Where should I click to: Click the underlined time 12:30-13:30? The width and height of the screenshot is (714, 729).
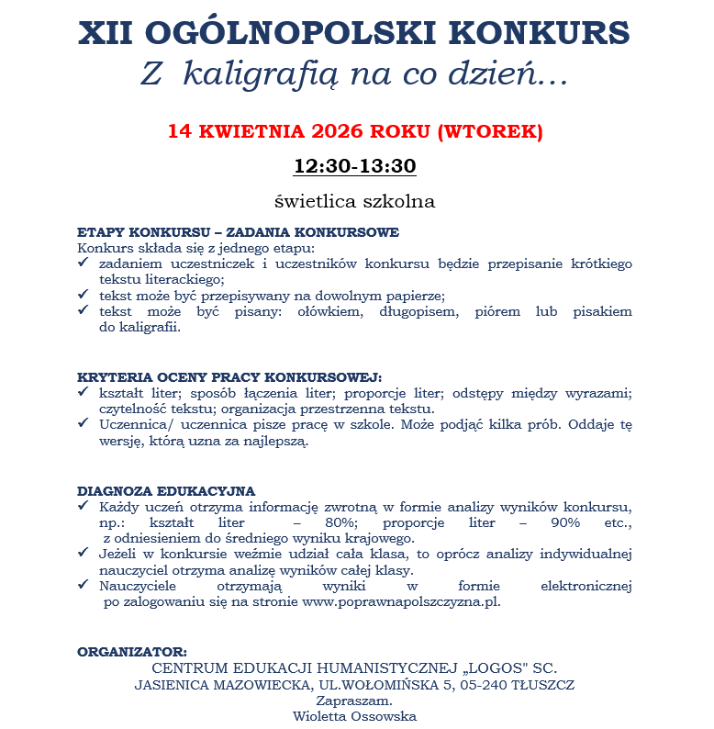(x=355, y=166)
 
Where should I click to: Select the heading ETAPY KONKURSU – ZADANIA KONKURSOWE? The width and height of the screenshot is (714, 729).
(x=238, y=232)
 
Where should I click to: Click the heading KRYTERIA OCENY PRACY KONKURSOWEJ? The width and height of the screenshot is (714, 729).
(x=229, y=377)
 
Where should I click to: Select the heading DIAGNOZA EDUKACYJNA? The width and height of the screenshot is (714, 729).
(x=166, y=490)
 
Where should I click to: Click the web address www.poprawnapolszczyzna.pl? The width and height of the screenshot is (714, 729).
(x=400, y=602)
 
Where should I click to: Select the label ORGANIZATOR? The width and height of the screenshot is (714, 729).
(x=132, y=651)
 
